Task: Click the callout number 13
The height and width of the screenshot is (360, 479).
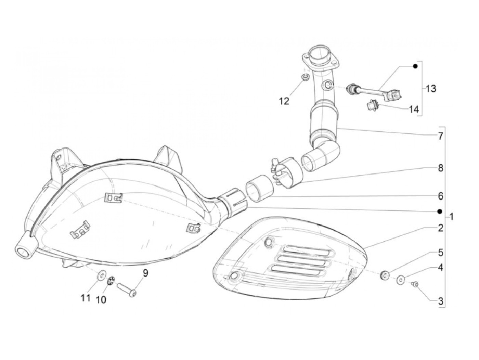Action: click(431, 89)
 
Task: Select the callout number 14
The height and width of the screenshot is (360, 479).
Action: click(413, 109)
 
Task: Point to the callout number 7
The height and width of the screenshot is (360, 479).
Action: click(440, 136)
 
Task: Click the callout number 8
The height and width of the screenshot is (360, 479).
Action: click(440, 168)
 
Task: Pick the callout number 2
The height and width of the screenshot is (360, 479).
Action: click(440, 228)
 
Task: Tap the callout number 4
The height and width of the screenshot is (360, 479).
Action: click(440, 268)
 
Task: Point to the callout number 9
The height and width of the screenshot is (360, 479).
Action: click(145, 273)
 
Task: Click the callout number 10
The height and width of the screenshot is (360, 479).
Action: click(101, 300)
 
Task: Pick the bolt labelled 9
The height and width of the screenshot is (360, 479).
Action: click(127, 288)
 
